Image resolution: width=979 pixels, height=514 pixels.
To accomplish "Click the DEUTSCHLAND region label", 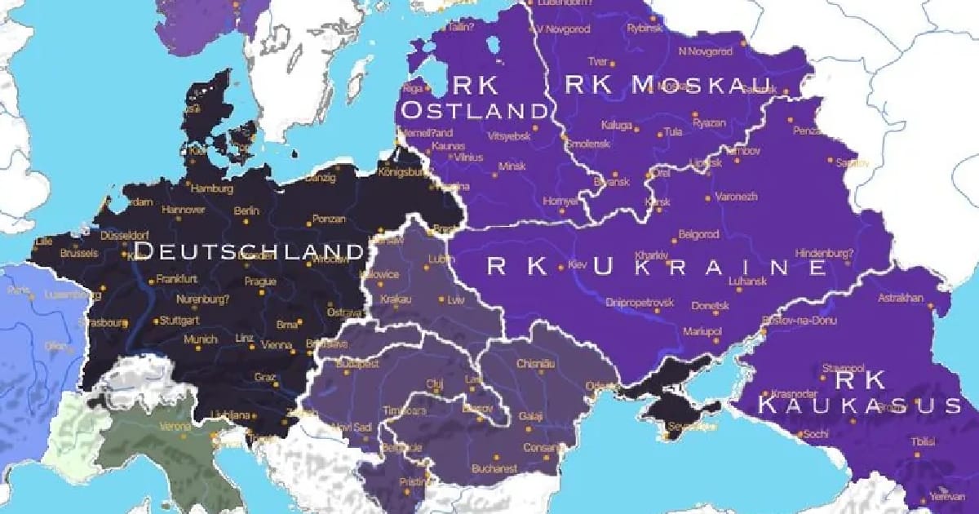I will pyautogui.click(x=248, y=249).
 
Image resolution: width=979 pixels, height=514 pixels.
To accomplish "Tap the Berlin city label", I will pyautogui.click(x=246, y=210).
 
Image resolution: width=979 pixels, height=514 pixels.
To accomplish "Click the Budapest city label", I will pyautogui.click(x=360, y=364).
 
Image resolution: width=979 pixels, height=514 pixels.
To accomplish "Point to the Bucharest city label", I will pyautogui.click(x=494, y=468).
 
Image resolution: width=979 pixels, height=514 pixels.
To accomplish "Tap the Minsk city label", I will pyautogui.click(x=512, y=166).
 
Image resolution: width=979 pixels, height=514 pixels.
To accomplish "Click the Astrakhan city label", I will pyautogui.click(x=900, y=297).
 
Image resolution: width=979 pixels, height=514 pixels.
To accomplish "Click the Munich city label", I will pyautogui.click(x=200, y=339).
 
